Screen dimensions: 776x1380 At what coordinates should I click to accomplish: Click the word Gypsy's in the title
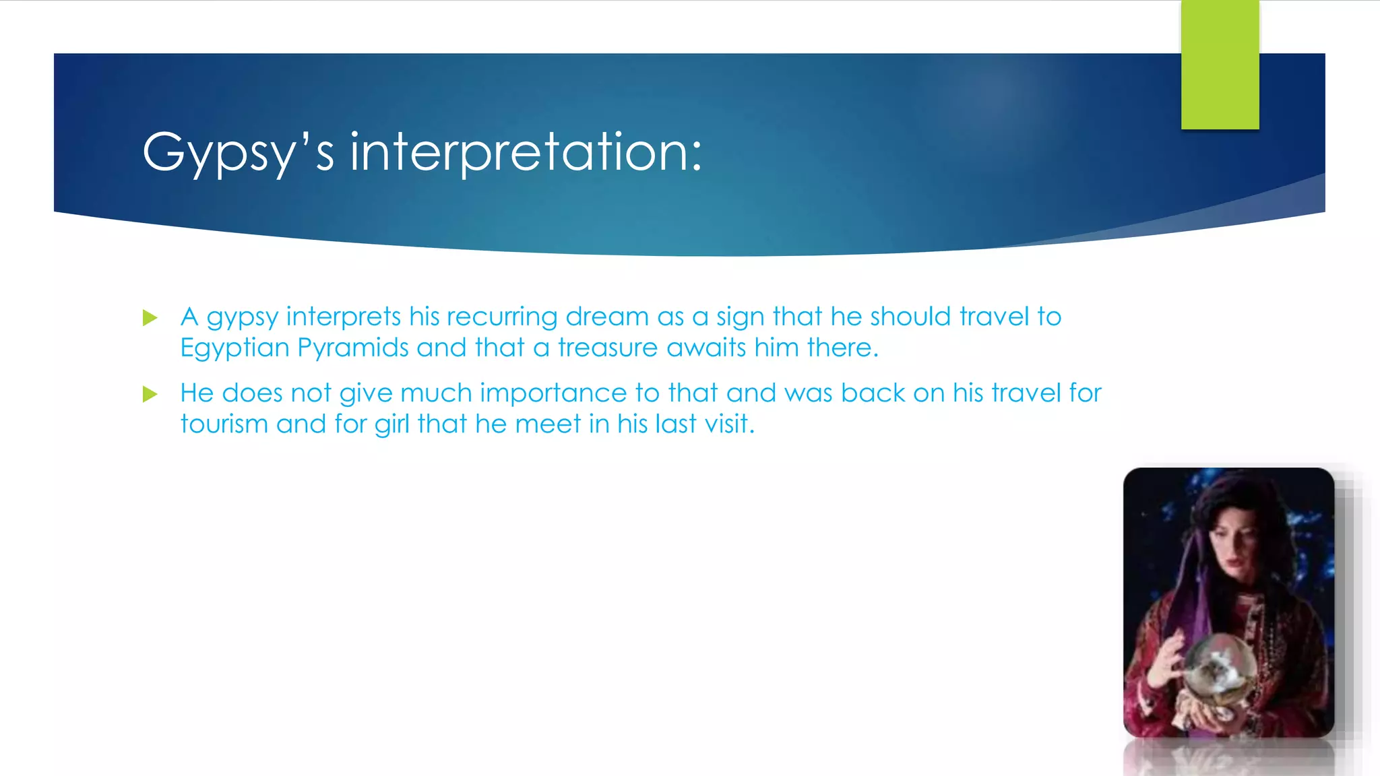point(238,153)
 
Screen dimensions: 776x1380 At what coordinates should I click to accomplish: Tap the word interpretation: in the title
point(526,153)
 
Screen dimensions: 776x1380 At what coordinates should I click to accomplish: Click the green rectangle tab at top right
point(1220,65)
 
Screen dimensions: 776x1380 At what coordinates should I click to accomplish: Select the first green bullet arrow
point(150,317)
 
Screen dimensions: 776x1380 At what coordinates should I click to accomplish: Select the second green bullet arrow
point(150,394)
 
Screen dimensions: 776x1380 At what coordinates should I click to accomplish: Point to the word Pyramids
point(353,348)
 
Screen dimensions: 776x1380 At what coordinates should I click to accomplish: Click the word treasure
point(608,348)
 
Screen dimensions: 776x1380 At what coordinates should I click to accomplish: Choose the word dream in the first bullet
point(607,317)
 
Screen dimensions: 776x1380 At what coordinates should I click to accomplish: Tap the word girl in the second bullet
point(392,424)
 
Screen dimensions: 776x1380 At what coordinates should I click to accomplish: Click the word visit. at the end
point(729,424)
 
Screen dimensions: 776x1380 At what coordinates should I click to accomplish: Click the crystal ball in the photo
point(1220,667)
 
